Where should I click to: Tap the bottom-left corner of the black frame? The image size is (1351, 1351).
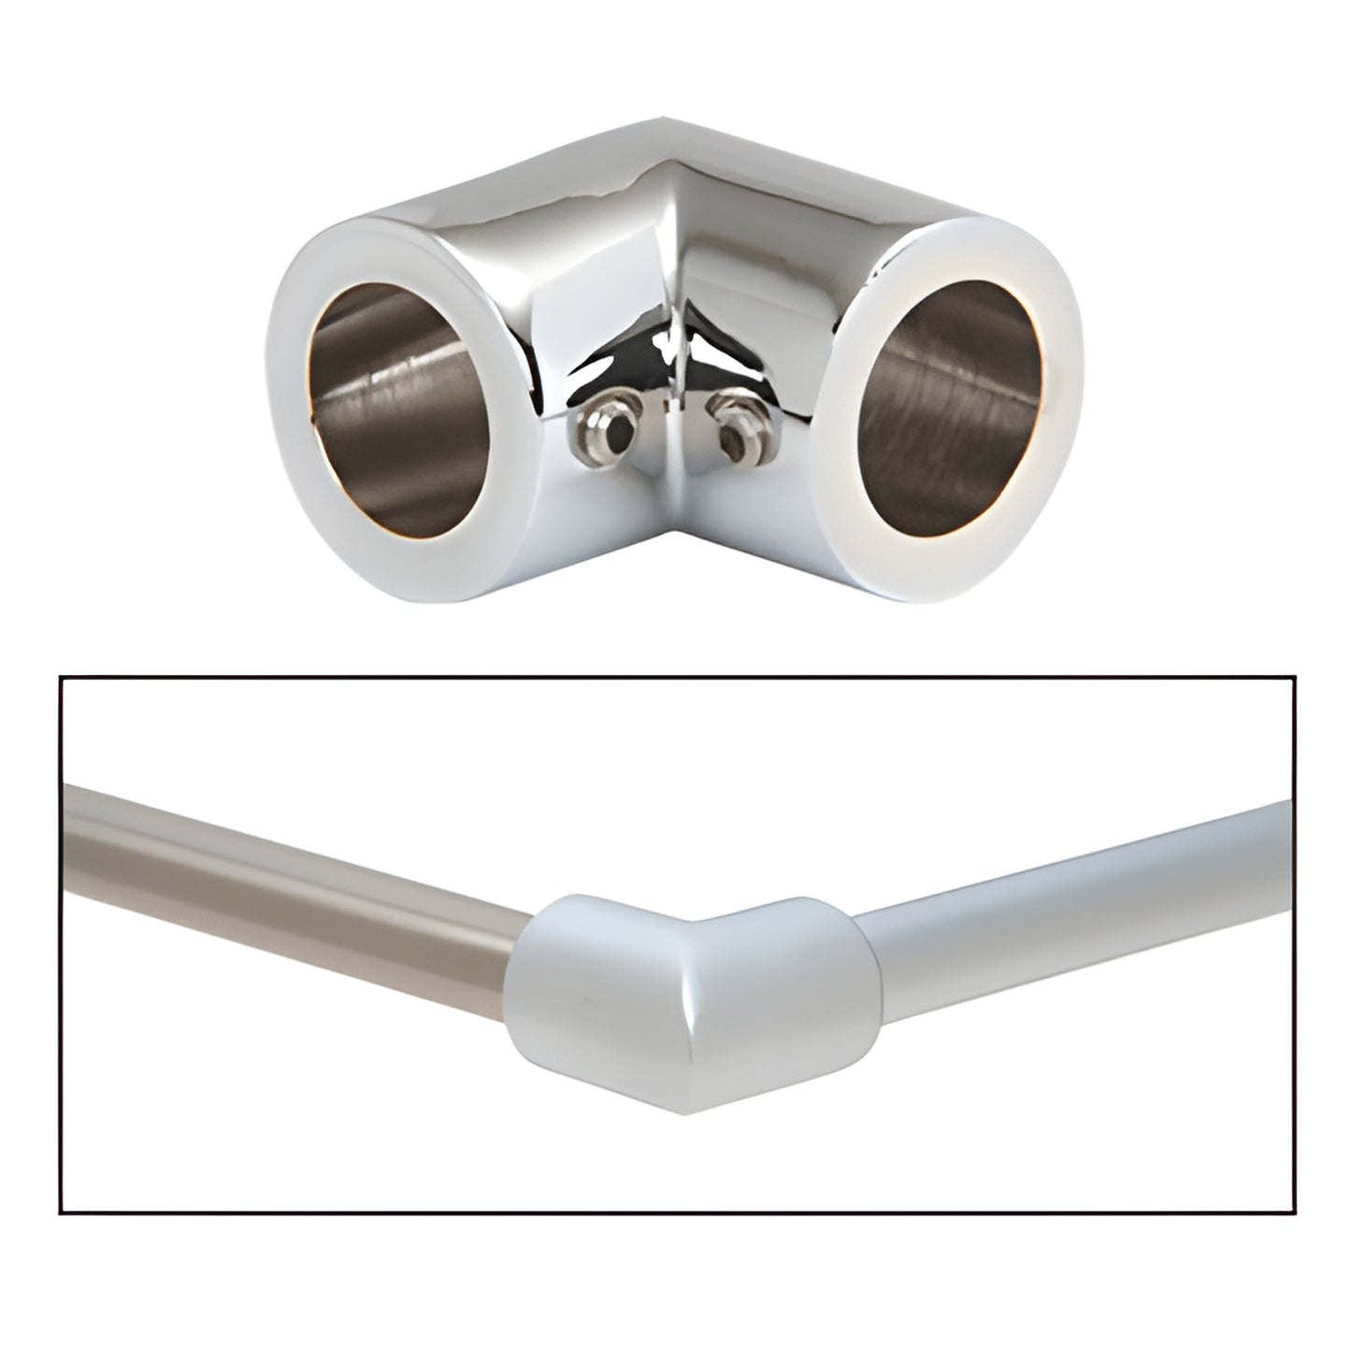tap(61, 1214)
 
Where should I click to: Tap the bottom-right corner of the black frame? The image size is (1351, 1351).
tap(1294, 1214)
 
